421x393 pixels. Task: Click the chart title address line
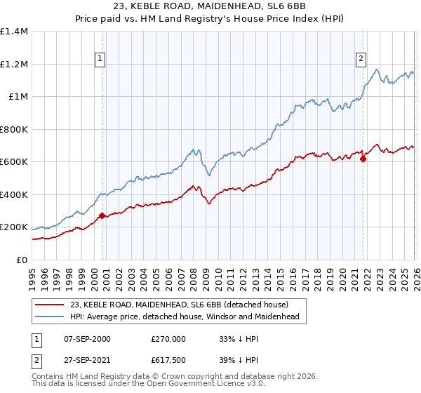click(x=210, y=7)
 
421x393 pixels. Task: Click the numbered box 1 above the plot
click(x=102, y=59)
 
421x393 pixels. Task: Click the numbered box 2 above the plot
click(x=361, y=59)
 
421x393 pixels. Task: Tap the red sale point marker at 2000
click(x=102, y=216)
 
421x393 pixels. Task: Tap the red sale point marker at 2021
click(x=363, y=159)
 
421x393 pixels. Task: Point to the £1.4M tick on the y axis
click(x=14, y=32)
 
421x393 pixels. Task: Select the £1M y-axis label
click(x=18, y=97)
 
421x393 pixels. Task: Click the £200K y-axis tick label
click(x=14, y=227)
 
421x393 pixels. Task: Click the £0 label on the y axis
click(x=21, y=260)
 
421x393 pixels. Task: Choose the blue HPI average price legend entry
click(x=184, y=317)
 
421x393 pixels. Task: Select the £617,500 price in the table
click(x=168, y=360)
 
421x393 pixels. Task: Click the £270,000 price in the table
click(x=168, y=339)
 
